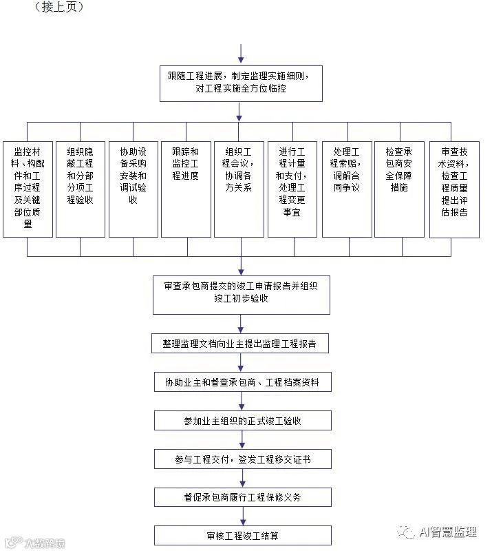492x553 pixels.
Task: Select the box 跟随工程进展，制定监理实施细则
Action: [x=240, y=83]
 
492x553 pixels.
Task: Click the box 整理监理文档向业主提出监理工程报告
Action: [x=241, y=344]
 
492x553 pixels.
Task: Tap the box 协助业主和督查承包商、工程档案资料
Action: [x=241, y=382]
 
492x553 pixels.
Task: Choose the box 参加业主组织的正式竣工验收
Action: [x=241, y=420]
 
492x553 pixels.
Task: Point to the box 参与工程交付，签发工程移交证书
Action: [x=241, y=459]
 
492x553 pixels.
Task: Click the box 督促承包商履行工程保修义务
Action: [x=241, y=497]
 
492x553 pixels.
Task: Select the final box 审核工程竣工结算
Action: [x=241, y=535]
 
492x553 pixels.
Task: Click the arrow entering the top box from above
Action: [x=240, y=54]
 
